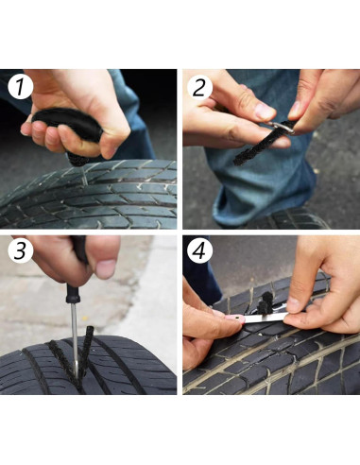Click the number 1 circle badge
20,87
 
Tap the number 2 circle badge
199,87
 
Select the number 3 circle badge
20,250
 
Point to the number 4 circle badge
199,250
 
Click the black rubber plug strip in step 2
252,149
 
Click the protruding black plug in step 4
266,302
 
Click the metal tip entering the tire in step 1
85,177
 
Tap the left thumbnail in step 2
265,111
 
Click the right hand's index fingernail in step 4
294,304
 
